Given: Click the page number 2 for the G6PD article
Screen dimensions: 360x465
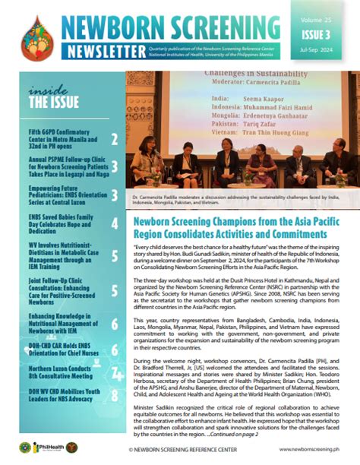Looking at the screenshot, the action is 114,140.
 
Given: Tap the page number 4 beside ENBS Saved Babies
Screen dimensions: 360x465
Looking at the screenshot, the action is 114,223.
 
